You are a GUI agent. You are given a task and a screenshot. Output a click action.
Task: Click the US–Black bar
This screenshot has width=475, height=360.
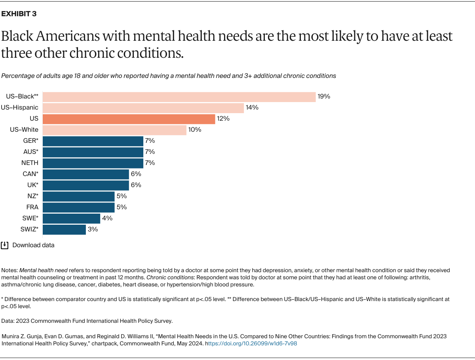click(x=179, y=97)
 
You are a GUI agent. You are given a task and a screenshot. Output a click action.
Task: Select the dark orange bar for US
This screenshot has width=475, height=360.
click(x=129, y=119)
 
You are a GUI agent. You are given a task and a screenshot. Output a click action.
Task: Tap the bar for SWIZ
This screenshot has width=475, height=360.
click(x=64, y=229)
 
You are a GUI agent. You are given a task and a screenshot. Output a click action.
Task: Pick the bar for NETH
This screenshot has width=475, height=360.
click(x=93, y=163)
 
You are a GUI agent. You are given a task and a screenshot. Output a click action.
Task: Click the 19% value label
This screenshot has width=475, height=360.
click(x=323, y=97)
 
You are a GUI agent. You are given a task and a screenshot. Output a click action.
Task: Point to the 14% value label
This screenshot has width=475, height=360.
click(x=252, y=108)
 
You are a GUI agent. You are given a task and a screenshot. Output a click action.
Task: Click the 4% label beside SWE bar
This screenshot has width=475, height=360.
click(x=107, y=218)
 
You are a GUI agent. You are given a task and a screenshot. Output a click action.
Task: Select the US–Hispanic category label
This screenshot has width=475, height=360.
click(x=20, y=108)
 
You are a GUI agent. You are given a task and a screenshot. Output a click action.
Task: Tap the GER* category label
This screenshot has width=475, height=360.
click(x=30, y=141)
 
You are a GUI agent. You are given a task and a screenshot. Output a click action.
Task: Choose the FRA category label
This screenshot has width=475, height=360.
click(x=32, y=207)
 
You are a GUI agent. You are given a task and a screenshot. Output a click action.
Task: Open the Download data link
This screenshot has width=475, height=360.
click(x=33, y=245)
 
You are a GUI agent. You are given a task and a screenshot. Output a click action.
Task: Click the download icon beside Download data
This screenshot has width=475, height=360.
click(x=5, y=245)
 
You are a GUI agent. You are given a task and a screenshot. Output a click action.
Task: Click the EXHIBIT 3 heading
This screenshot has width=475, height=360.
click(x=19, y=14)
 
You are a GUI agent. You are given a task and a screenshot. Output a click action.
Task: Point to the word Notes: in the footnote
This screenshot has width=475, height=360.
click(x=9, y=270)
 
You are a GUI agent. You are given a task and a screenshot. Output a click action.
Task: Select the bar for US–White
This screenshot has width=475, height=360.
click(x=114, y=130)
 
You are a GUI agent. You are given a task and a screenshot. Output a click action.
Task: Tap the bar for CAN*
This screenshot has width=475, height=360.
click(x=85, y=174)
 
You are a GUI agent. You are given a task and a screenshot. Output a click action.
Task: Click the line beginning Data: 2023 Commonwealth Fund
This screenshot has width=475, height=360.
click(x=87, y=321)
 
